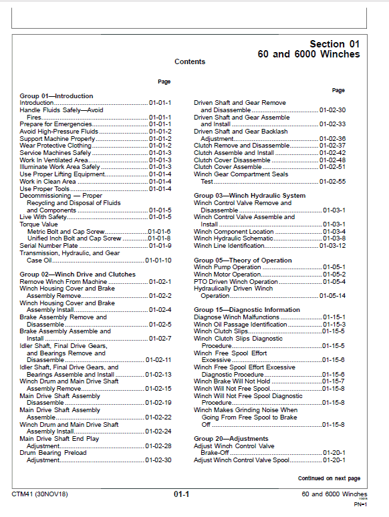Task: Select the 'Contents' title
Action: [190, 61]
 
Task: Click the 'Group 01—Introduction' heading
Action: [56, 96]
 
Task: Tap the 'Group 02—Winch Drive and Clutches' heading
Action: [78, 275]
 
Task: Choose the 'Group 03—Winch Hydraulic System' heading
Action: [249, 196]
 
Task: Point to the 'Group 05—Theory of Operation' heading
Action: [243, 261]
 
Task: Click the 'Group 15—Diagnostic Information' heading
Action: [247, 310]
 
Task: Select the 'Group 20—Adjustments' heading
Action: [231, 439]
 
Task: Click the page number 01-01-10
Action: [158, 261]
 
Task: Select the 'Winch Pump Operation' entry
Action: [227, 267]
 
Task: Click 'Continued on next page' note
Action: [329, 478]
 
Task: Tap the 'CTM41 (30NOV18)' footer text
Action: [39, 495]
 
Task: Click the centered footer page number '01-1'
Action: [182, 495]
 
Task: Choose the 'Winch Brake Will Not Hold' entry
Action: [232, 381]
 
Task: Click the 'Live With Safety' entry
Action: [43, 217]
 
